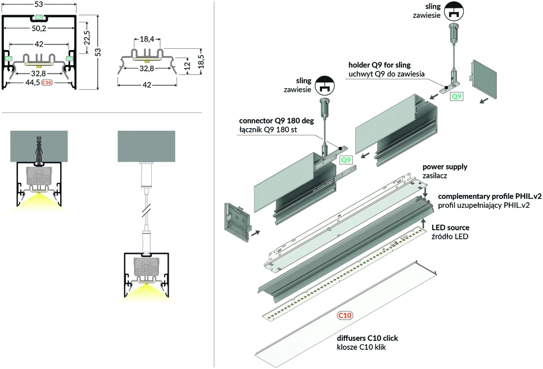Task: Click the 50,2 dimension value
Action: pyautogui.click(x=39, y=29)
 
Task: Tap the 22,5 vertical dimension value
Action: pyautogui.click(x=87, y=38)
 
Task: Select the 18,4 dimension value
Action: pyautogui.click(x=147, y=39)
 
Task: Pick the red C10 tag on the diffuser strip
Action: pyautogui.click(x=345, y=315)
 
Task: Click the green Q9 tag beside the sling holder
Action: pyautogui.click(x=456, y=96)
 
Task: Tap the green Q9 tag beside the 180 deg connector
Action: pyautogui.click(x=346, y=160)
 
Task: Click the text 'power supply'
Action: pyautogui.click(x=445, y=167)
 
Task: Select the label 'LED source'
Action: pyautogui.click(x=451, y=228)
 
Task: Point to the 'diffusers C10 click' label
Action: pyautogui.click(x=368, y=338)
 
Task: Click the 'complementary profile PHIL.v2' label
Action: pyautogui.click(x=490, y=196)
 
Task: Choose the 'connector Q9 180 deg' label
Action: pyautogui.click(x=277, y=121)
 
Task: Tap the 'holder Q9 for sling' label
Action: pyautogui.click(x=379, y=65)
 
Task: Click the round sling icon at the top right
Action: pyautogui.click(x=454, y=11)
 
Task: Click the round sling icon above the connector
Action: pyautogui.click(x=324, y=85)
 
